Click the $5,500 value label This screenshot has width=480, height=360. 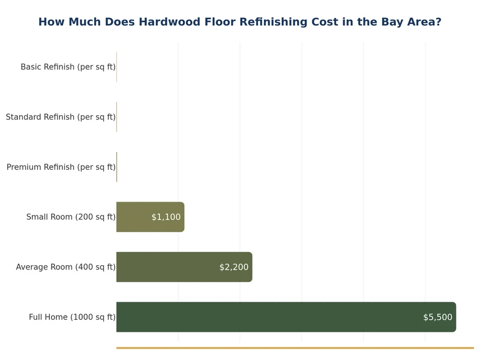437,317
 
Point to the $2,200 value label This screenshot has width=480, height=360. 233,267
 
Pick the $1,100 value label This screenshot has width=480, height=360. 166,217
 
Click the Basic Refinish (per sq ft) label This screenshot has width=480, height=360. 68,67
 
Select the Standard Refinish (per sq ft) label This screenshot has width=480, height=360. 61,117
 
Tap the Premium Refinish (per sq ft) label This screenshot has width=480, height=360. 61,167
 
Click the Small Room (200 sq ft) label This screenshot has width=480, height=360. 71,217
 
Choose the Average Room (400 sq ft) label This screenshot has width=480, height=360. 65,267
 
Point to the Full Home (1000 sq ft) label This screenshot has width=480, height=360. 72,317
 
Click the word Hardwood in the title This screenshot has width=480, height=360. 169,22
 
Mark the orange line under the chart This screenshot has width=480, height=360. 295,347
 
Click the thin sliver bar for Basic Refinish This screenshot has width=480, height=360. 116,67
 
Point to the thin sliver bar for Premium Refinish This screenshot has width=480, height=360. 116,167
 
